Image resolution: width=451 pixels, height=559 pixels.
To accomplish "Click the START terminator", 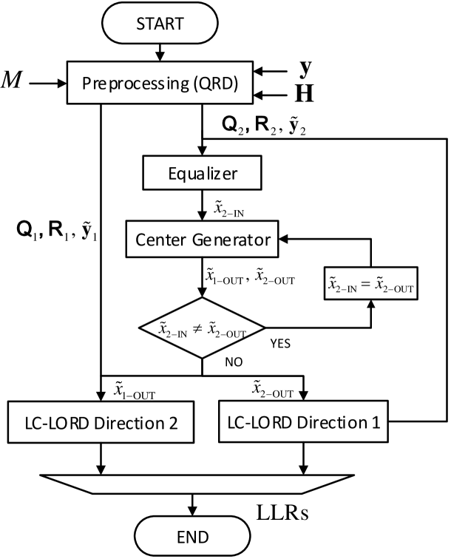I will tap(160, 24).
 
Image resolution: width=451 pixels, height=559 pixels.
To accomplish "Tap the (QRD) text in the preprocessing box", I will tap(215, 83).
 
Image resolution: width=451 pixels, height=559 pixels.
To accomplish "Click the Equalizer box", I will tap(202, 175).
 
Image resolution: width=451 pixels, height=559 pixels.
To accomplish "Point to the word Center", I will tap(160, 240).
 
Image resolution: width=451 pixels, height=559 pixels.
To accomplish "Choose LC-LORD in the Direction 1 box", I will tap(259, 423).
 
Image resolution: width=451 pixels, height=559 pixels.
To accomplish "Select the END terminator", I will tap(192, 536).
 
